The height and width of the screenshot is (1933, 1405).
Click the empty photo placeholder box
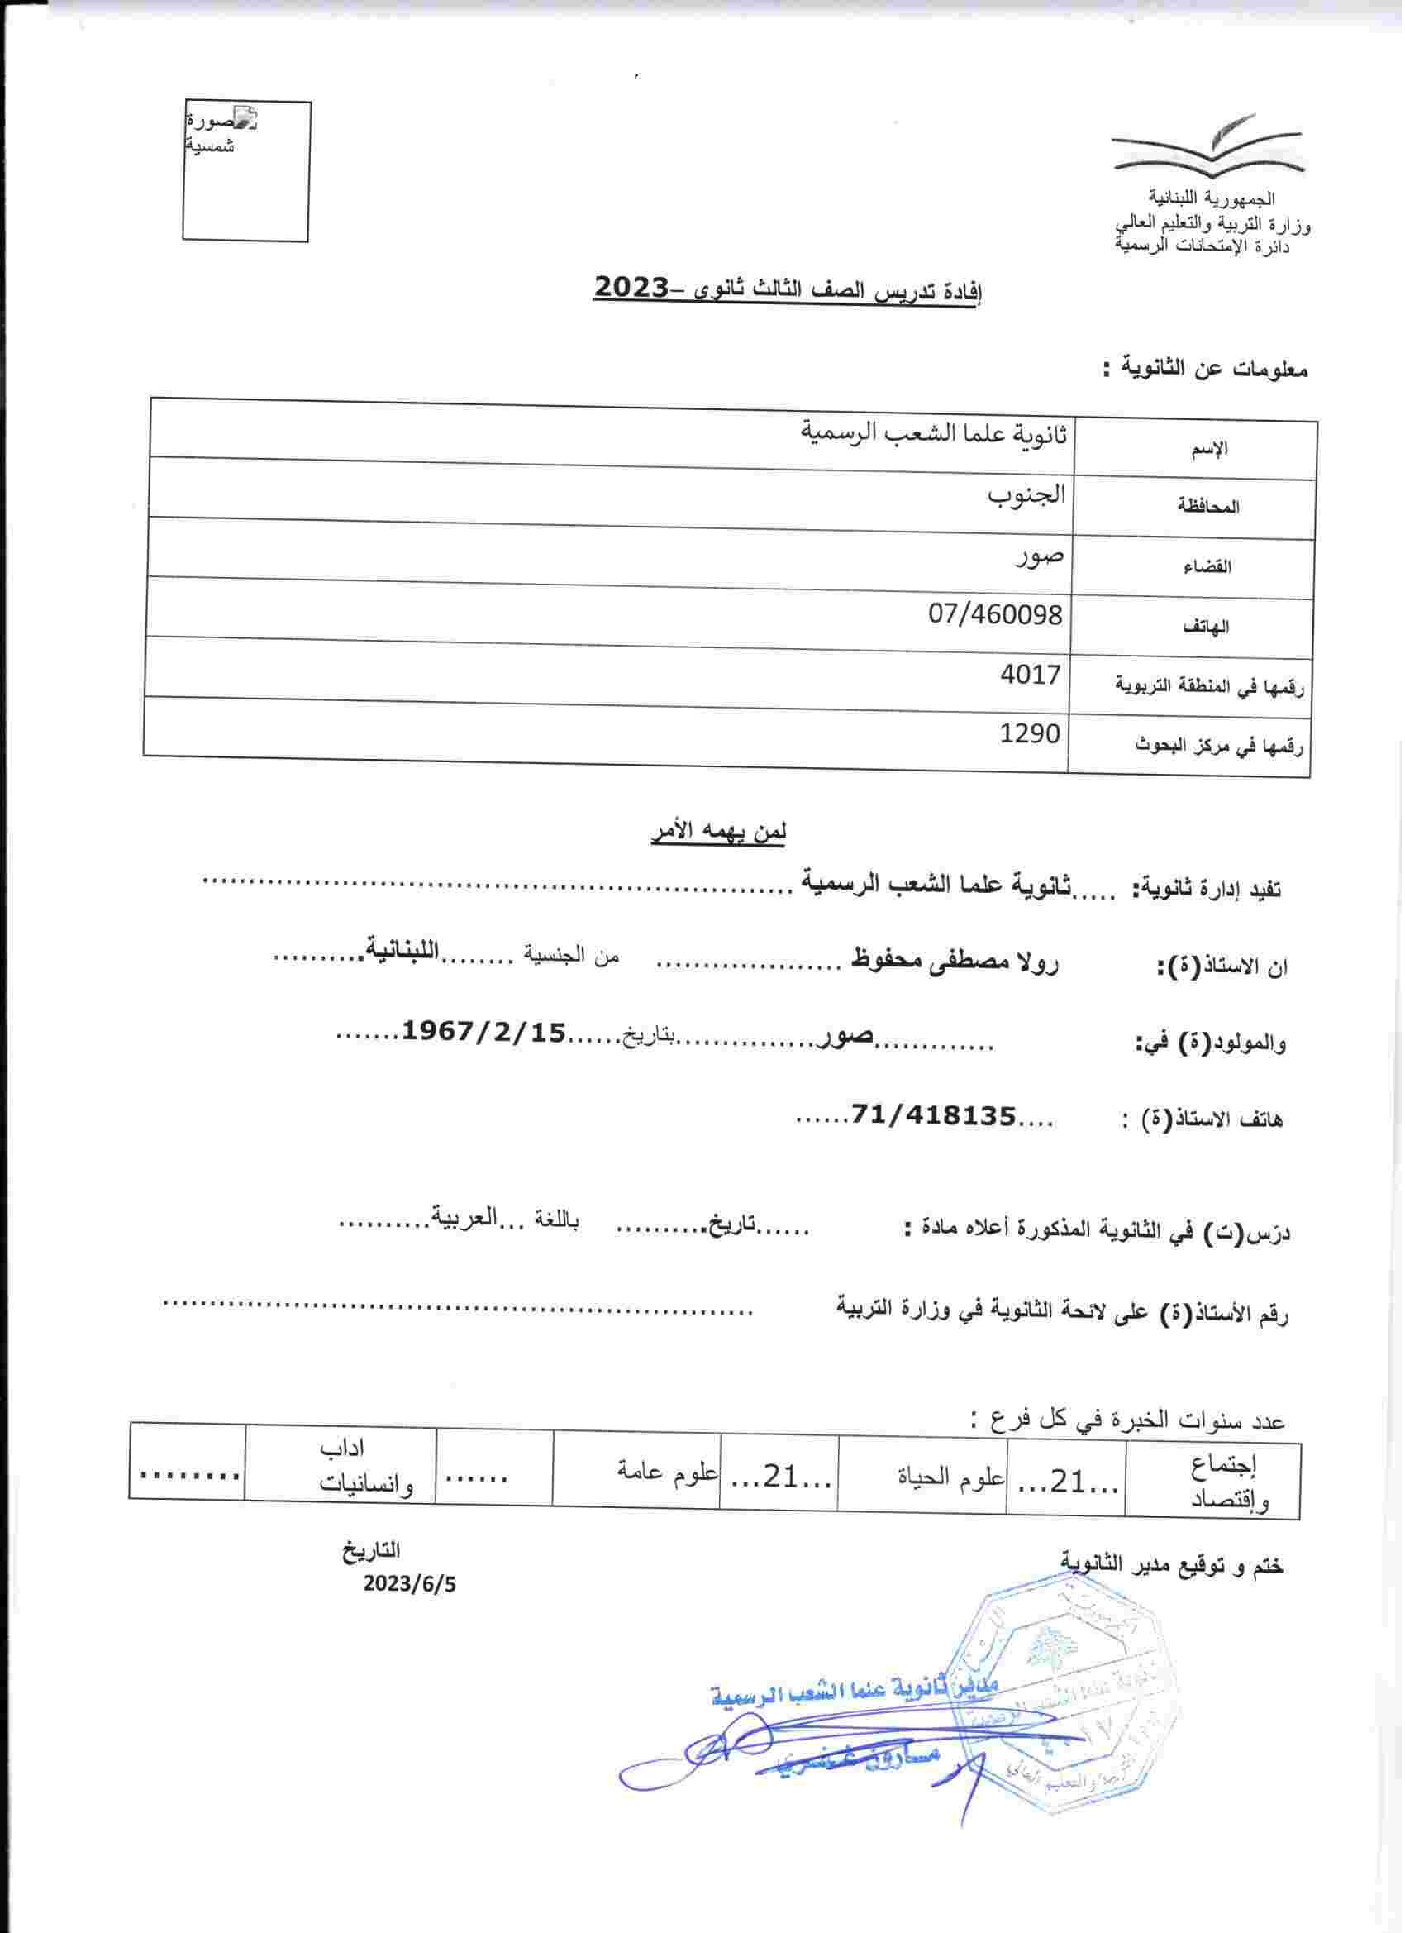coord(246,170)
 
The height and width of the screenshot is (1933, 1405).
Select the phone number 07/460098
coord(996,614)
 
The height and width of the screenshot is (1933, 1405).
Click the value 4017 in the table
coord(1030,675)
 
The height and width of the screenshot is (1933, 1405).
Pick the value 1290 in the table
coord(1030,733)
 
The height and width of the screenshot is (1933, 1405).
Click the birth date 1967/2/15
coord(483,1033)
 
